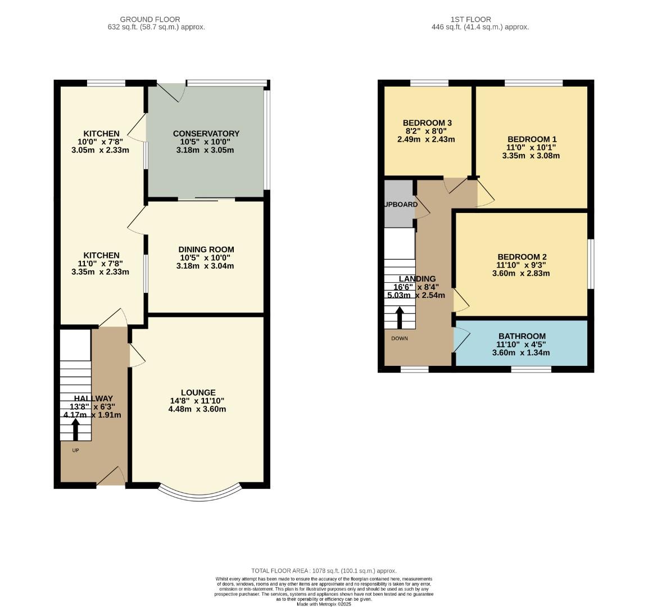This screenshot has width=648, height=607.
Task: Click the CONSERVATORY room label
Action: [206, 134]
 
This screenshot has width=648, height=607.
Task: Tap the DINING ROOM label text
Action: [206, 250]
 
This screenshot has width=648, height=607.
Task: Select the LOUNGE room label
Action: [198, 392]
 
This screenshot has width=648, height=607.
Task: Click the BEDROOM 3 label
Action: [427, 123]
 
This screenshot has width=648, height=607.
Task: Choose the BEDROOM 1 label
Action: [531, 139]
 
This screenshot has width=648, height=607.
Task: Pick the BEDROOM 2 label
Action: [521, 257]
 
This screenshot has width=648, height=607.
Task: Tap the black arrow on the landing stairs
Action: [400, 318]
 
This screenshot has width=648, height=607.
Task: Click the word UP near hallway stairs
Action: [75, 450]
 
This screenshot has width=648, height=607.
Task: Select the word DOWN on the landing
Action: [400, 338]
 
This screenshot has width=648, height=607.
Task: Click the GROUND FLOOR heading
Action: [150, 19]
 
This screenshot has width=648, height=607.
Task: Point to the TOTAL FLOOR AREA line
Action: [324, 570]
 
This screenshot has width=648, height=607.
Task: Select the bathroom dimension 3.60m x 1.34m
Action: [521, 353]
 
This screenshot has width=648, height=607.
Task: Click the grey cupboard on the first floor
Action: [398, 203]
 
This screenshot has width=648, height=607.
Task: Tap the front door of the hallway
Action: [111, 477]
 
